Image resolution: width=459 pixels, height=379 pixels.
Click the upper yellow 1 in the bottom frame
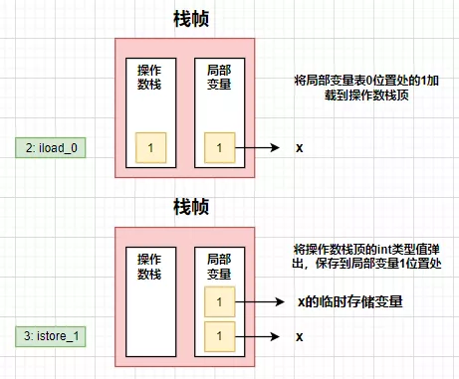click(219, 301)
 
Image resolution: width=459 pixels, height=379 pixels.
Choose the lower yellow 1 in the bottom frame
click(219, 336)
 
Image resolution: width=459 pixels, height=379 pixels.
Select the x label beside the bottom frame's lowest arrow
click(299, 336)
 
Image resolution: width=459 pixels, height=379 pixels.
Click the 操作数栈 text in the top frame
click(151, 83)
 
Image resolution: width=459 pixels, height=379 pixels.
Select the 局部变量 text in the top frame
click(219, 83)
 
